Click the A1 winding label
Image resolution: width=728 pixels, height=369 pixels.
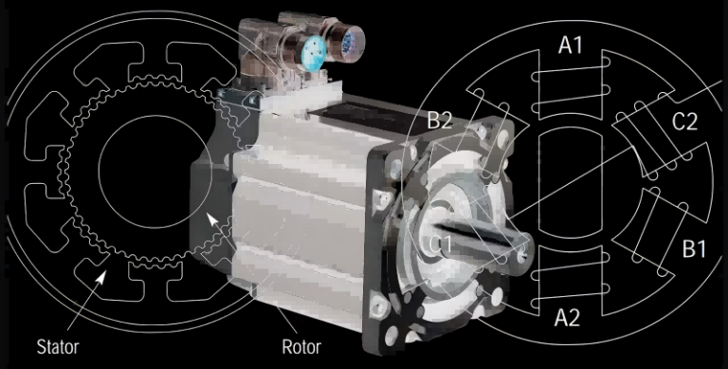point(571,45)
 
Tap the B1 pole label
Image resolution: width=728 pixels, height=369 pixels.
point(695,249)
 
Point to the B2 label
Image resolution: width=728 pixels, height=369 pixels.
point(440,120)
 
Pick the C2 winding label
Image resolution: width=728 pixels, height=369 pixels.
point(684,121)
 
